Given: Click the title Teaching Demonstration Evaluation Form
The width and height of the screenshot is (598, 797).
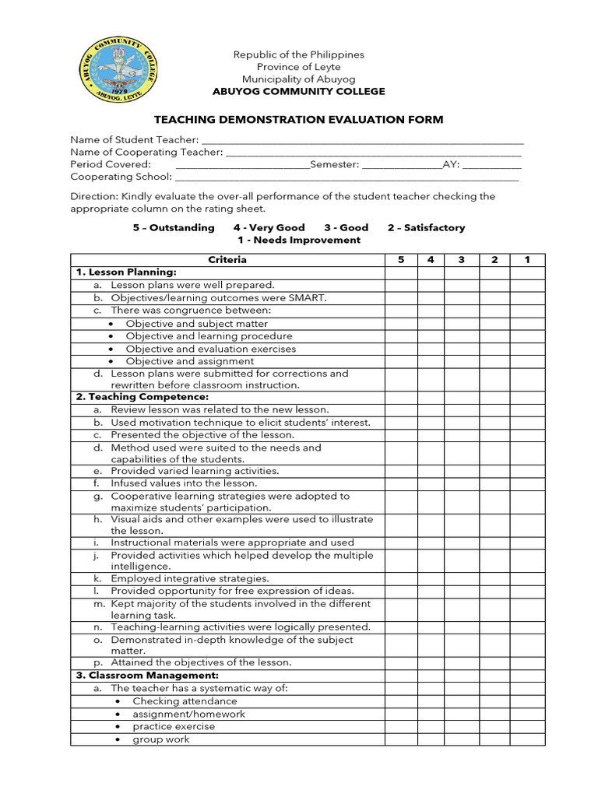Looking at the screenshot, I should click(298, 119).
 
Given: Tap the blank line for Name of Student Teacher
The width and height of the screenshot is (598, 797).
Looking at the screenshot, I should click(362, 141).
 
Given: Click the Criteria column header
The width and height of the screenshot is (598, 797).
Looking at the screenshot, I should click(227, 260).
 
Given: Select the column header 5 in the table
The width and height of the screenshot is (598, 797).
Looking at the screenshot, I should click(401, 260).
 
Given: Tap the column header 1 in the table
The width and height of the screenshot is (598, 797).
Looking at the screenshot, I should click(527, 260).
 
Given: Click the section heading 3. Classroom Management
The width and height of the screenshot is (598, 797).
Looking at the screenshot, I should click(146, 676).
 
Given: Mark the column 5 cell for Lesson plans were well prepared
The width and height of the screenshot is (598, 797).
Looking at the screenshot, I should click(401, 285).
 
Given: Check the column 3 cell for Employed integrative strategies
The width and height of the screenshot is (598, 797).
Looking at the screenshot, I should click(463, 578).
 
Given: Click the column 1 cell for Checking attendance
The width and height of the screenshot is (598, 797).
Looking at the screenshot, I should click(527, 701).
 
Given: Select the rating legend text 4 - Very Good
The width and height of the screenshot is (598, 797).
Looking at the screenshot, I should click(269, 228).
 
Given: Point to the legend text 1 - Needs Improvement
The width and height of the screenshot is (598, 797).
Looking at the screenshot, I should click(298, 241).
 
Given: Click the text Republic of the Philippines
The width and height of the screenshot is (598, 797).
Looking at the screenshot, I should click(299, 55).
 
